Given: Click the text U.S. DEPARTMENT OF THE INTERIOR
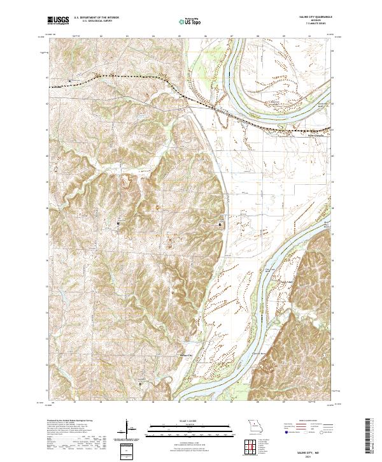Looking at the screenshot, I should pyautogui.click(x=96, y=18).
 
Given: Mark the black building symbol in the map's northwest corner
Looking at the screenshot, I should pyautogui.click(x=69, y=81).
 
